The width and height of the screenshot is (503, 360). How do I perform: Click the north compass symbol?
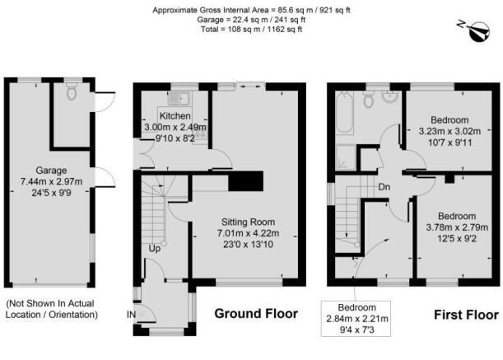click(x=475, y=30)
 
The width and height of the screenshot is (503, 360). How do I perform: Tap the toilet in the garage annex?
click(x=72, y=91)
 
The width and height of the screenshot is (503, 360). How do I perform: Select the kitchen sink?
click(x=179, y=98)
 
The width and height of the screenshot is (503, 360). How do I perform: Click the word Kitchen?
click(x=175, y=116)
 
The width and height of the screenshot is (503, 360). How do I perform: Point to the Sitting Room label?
click(x=248, y=222)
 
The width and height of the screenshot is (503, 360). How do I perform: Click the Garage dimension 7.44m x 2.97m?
click(x=51, y=182)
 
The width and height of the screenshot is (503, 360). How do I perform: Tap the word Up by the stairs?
click(x=154, y=249)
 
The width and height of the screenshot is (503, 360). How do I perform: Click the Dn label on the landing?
click(x=384, y=187)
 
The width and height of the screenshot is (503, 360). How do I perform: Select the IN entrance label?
click(x=131, y=315)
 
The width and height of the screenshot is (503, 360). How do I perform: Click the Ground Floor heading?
click(x=256, y=313)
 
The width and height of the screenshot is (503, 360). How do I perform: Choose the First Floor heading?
click(x=466, y=315)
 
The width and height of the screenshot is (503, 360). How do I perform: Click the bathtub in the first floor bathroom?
click(x=345, y=112)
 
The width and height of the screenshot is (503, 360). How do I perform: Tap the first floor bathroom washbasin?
click(x=389, y=96)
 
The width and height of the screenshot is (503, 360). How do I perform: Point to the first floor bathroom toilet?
click(x=369, y=99)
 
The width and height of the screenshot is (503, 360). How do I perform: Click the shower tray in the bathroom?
click(x=346, y=157)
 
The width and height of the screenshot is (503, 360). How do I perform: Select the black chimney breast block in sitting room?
click(x=245, y=181)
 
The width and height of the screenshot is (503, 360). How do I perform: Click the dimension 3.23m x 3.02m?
click(x=449, y=131)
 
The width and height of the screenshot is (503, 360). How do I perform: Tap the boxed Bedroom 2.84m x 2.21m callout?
click(x=356, y=319)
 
